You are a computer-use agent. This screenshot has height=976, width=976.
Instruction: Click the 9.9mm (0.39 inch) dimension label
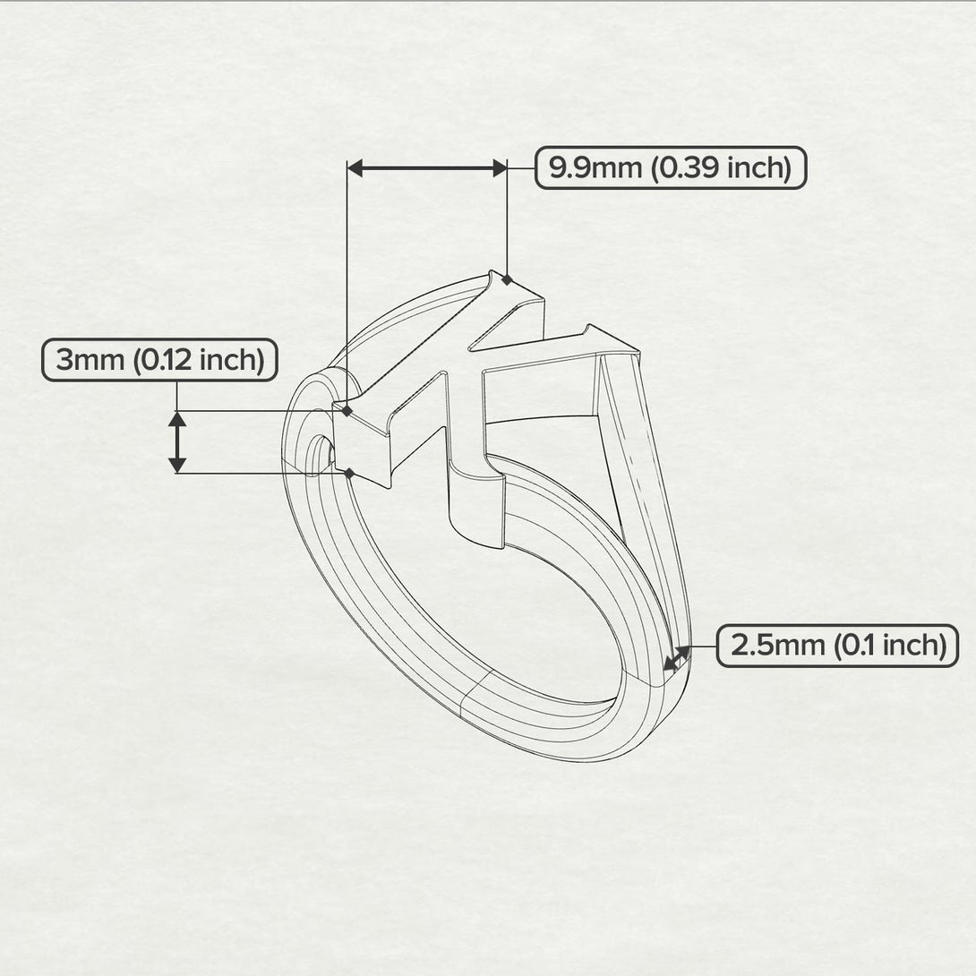[671, 167]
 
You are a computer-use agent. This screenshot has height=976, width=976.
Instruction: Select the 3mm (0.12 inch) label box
[159, 360]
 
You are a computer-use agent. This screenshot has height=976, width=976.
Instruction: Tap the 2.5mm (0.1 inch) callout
[838, 645]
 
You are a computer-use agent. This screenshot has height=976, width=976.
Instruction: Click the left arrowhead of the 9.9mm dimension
[355, 167]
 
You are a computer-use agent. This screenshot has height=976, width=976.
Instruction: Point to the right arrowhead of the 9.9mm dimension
[499, 167]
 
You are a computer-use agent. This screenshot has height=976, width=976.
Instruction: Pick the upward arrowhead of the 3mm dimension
[177, 420]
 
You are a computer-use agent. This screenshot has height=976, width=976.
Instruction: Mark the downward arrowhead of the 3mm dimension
[177, 463]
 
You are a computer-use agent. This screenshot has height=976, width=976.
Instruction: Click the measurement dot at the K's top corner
[507, 279]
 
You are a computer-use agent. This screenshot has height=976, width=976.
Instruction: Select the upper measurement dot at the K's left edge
[347, 411]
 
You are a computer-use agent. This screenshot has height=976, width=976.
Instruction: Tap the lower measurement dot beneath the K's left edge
[349, 472]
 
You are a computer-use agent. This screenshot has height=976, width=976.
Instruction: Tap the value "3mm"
[90, 360]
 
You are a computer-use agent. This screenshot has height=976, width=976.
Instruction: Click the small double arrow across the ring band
[677, 659]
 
